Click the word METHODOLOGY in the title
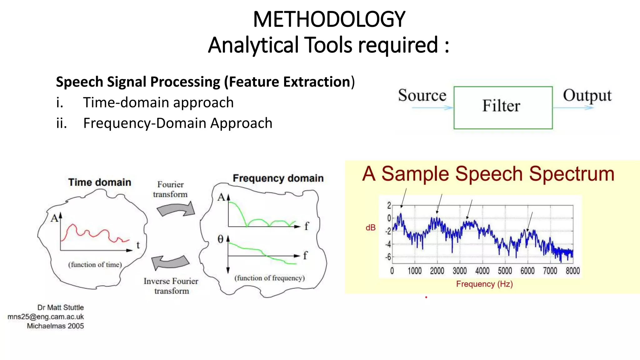[x=329, y=19]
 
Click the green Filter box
[x=503, y=107]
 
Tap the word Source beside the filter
[x=422, y=95]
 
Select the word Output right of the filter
[x=587, y=96]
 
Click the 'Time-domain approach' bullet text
[x=158, y=102]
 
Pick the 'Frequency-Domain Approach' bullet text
[x=177, y=123]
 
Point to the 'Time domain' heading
[x=100, y=182]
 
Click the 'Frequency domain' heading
[x=278, y=178]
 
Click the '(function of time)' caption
[x=95, y=265]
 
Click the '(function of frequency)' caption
[x=269, y=278]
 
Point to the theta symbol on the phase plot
[x=220, y=239]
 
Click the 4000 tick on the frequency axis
[x=482, y=271]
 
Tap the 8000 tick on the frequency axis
[x=572, y=271]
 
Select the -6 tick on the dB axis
[x=388, y=257]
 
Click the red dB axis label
[x=370, y=228]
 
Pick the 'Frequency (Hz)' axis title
[x=484, y=284]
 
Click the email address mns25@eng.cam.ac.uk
[x=46, y=317]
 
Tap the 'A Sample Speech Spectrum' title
[x=488, y=174]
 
